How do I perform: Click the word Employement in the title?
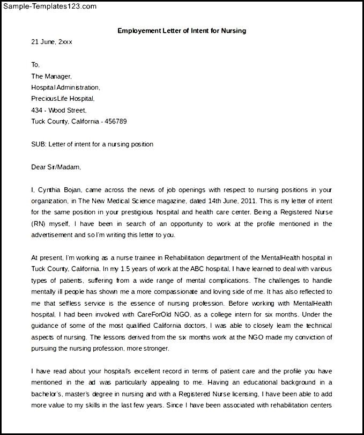pos(137,31)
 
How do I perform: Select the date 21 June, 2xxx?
pos(51,42)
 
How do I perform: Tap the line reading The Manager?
pos(51,76)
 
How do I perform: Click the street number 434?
pos(36,110)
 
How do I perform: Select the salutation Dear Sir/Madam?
pos(56,167)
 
